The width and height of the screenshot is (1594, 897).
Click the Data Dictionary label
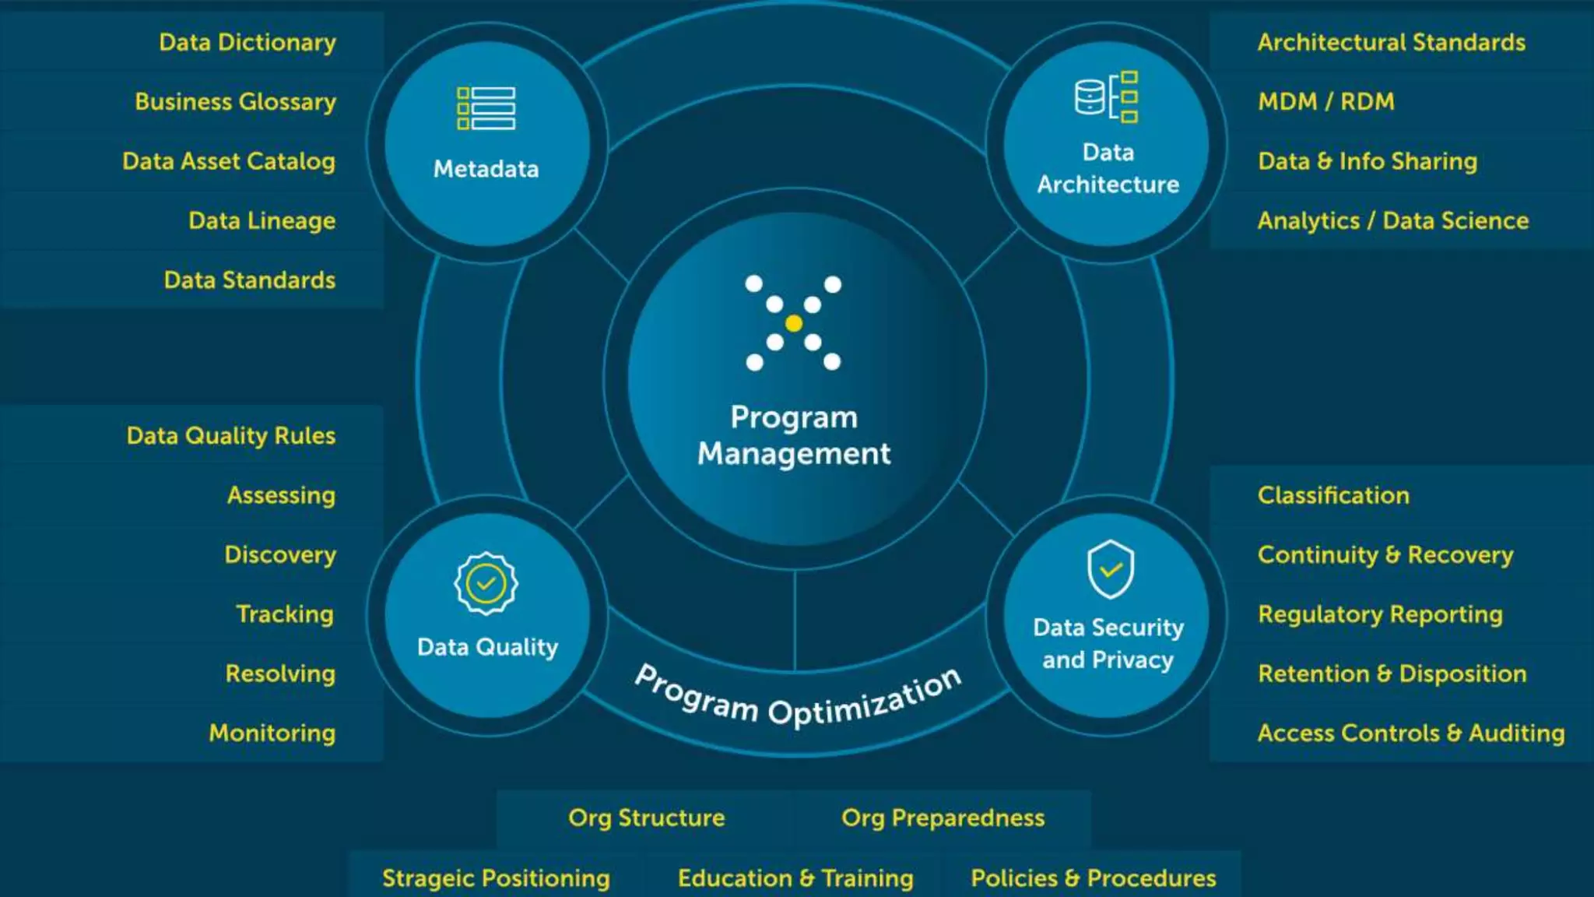[248, 42]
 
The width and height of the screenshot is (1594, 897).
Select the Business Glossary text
[235, 102]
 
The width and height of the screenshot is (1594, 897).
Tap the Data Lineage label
[262, 221]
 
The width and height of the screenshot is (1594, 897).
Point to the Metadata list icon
[486, 108]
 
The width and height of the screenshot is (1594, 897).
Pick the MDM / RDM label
[1325, 102]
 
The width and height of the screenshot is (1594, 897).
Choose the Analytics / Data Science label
[1392, 221]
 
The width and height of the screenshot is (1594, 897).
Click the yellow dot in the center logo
[794, 323]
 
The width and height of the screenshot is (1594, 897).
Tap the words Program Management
[794, 436]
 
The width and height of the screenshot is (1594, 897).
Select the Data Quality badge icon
[486, 584]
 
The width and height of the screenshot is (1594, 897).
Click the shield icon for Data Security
[1110, 569]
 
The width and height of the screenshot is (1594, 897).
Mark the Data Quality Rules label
[231, 436]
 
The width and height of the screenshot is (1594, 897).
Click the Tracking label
[285, 614]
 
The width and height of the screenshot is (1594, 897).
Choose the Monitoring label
[272, 733]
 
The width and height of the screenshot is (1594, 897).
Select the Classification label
[1333, 496]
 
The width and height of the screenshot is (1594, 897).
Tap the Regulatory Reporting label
[1380, 614]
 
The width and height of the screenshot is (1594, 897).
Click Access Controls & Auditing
[1410, 733]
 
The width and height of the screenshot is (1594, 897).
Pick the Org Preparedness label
[943, 818]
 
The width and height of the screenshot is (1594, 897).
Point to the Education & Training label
[795, 878]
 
